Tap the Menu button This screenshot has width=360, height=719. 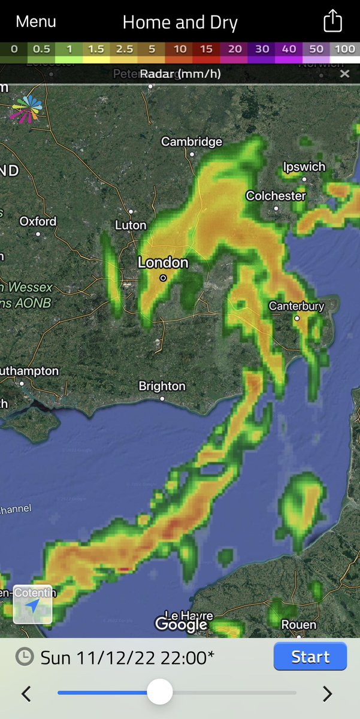(x=36, y=22)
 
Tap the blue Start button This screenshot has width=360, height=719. (x=310, y=657)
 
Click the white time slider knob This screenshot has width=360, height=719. (x=160, y=693)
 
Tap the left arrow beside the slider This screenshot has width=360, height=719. (x=26, y=694)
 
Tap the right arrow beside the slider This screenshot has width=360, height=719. (x=327, y=694)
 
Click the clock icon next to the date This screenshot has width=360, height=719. (x=24, y=657)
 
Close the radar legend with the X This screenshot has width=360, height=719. (x=344, y=74)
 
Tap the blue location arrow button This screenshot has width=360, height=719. (x=33, y=605)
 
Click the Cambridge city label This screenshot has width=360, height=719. (x=192, y=142)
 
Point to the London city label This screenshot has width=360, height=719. (x=163, y=263)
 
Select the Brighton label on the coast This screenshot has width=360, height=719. (x=162, y=386)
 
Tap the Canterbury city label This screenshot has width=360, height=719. (x=297, y=306)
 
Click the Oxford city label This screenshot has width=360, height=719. (x=38, y=221)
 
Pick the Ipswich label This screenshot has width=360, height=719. (x=304, y=167)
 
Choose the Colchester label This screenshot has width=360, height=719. (x=276, y=196)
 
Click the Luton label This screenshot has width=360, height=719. (x=131, y=225)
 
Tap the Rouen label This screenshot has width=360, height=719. (x=298, y=625)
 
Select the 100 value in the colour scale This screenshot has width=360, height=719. (x=344, y=49)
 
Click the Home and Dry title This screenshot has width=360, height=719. (x=180, y=23)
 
